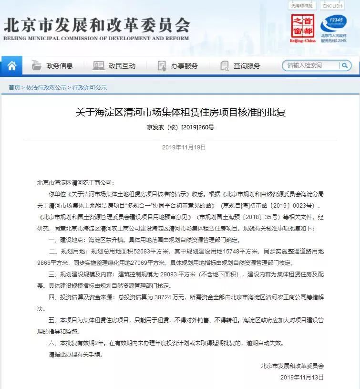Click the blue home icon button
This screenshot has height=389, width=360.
[11, 66]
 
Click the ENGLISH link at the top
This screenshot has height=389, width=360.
[332, 6]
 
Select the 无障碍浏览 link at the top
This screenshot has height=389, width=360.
[302, 6]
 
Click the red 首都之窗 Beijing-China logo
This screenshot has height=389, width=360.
[303, 28]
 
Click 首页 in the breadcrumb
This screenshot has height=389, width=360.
[14, 88]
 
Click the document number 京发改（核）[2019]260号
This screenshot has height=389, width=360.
[180, 127]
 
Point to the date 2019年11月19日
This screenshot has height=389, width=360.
[180, 147]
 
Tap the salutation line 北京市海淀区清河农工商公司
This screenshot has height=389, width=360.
[75, 182]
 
